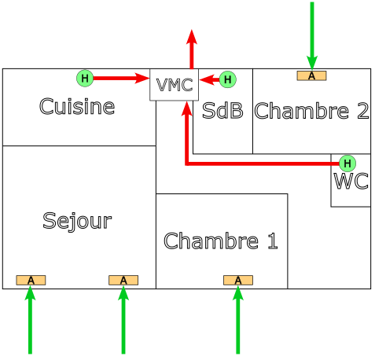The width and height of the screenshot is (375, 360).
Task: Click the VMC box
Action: pos(174,85)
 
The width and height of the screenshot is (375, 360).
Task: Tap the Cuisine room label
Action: pos(77,107)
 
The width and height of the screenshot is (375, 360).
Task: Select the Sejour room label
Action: pos(77,221)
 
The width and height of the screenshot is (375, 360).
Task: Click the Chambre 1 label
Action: pos(220,241)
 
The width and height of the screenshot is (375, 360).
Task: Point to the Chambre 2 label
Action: pos(311,111)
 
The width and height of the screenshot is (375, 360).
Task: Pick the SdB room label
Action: pos(222,111)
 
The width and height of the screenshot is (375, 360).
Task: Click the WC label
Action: pos(351,182)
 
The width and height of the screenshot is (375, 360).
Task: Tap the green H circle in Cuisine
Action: pos(85,78)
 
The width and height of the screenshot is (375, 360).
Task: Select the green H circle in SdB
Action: pos(227,79)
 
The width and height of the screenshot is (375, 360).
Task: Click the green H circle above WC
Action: pos(347,163)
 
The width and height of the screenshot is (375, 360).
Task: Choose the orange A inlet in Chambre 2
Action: pos(311,75)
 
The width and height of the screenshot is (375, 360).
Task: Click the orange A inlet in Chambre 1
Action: pos(237,280)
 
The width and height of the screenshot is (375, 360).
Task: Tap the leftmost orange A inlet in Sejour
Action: pos(31,280)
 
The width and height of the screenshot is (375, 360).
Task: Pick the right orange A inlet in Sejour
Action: pos(123,280)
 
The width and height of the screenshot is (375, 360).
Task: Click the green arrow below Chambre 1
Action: pos(237,322)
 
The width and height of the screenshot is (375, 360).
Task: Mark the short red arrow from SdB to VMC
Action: pos(209,79)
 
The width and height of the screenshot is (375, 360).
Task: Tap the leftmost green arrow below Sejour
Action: pos(31,322)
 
